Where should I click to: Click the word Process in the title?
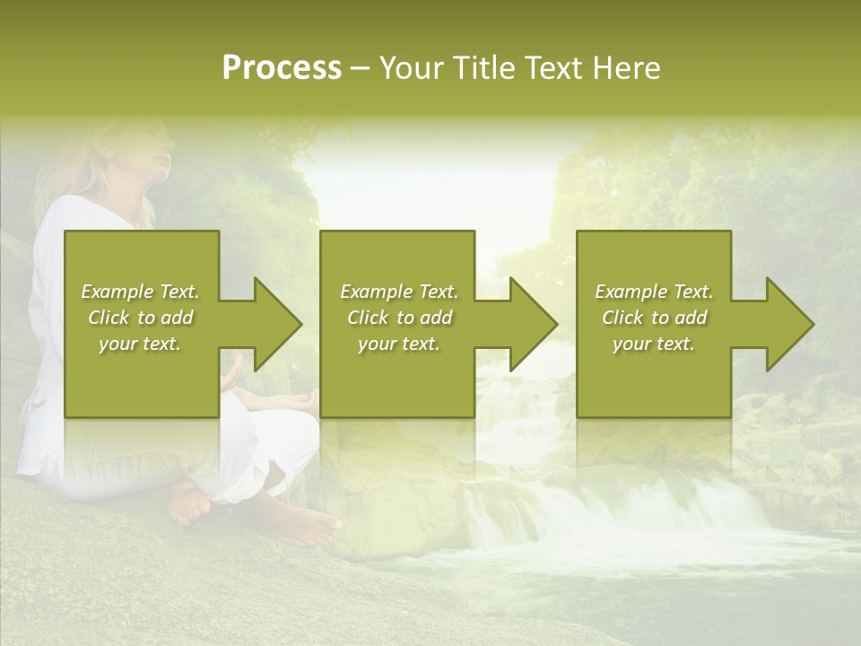tap(282, 68)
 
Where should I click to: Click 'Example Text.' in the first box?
tap(141, 292)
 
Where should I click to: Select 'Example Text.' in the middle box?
tap(399, 292)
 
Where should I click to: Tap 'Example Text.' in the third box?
tap(654, 292)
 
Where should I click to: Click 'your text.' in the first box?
tap(141, 345)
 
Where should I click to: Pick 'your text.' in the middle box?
tap(399, 345)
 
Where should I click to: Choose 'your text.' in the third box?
tap(654, 345)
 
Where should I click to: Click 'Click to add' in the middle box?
tap(399, 318)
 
